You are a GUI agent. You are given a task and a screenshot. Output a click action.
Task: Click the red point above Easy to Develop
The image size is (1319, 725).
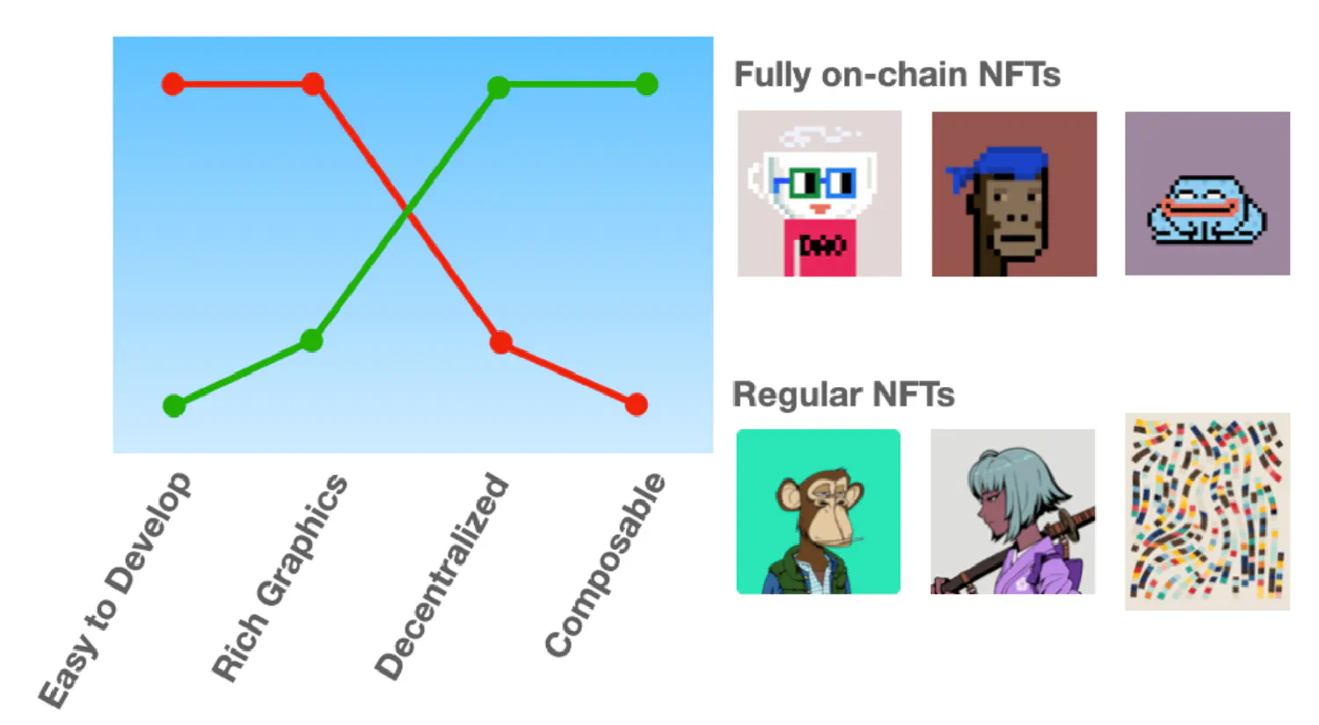173,84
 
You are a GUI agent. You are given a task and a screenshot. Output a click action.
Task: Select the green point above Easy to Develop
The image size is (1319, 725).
174,406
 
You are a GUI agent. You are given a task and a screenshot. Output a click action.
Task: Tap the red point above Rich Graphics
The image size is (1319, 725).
313,84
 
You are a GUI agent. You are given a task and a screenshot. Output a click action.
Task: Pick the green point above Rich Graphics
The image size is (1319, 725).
311,340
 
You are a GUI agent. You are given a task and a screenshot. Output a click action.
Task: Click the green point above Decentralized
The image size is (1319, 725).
499,88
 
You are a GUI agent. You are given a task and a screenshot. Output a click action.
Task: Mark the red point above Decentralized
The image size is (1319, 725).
501,342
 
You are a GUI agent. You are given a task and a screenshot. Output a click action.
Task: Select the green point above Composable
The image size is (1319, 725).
647,84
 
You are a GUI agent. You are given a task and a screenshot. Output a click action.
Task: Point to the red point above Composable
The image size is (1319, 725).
637,405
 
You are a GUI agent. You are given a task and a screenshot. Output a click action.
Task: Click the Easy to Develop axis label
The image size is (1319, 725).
115,590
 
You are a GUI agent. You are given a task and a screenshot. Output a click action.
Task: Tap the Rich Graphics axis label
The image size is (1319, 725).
279,578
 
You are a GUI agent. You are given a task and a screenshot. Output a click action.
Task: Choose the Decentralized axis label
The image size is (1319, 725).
441,576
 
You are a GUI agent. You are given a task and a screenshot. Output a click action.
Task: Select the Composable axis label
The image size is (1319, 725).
605,565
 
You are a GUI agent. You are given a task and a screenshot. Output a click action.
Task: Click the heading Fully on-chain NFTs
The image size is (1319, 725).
897,75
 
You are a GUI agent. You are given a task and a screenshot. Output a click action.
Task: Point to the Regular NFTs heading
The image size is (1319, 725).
843,394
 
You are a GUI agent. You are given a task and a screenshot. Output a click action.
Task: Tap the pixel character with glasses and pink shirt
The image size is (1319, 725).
819,194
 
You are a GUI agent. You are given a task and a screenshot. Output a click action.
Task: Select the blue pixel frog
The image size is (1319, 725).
1206,209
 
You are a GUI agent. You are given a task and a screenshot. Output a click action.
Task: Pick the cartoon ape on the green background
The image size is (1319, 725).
818,511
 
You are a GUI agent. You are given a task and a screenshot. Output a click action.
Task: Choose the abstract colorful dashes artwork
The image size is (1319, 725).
1207,511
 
